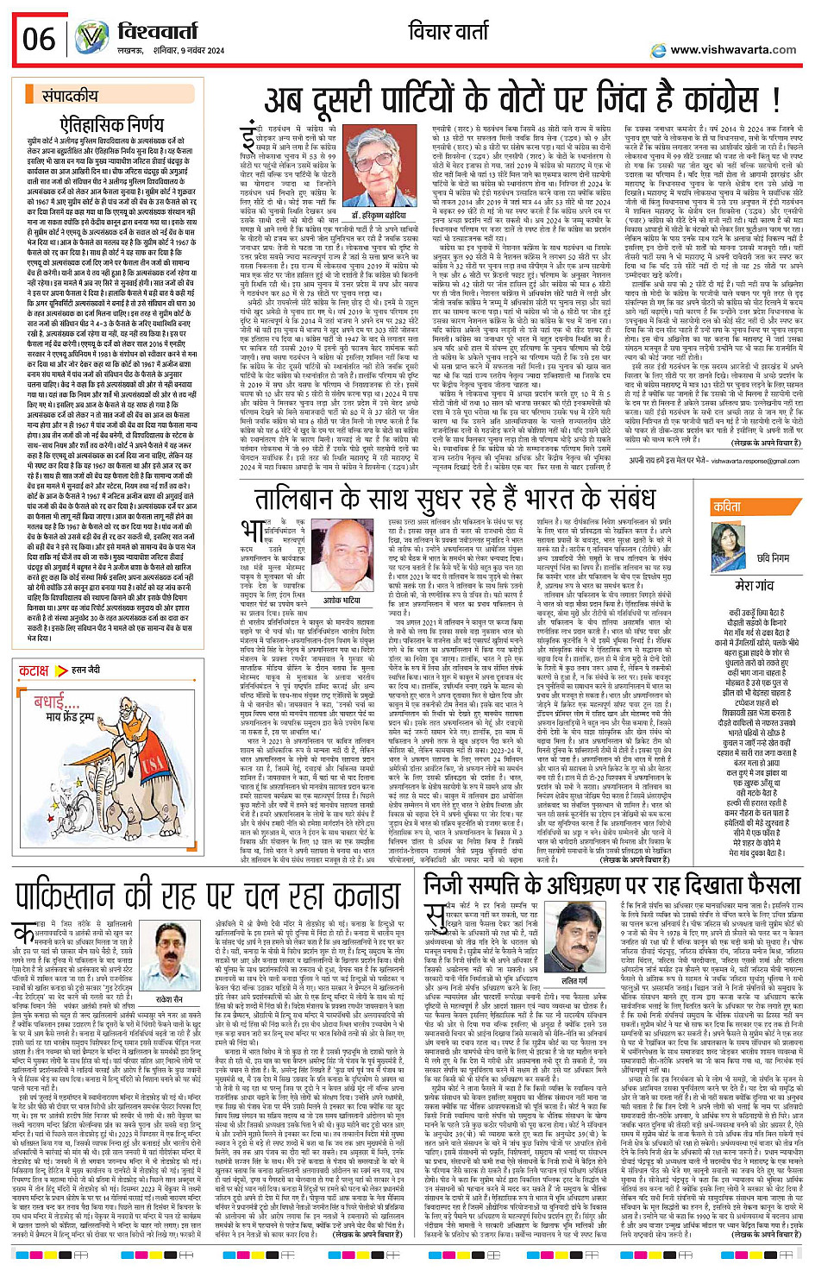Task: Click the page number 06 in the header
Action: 39,39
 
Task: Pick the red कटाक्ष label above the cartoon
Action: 34,670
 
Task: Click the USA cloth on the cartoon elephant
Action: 152,763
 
